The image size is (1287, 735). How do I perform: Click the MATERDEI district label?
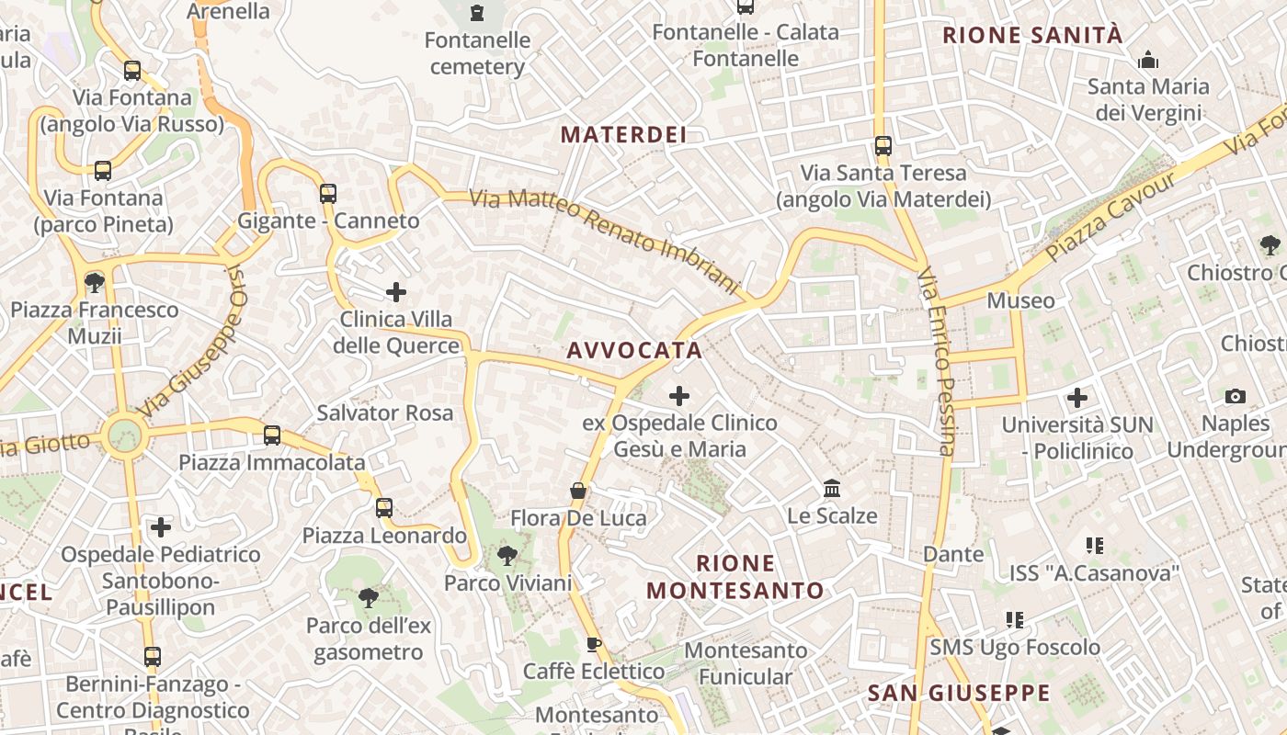pos(623,135)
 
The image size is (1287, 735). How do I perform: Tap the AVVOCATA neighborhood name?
pos(634,350)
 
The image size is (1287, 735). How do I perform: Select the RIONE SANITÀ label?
pos(1033,36)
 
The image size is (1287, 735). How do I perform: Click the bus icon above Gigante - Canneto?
pos(328,193)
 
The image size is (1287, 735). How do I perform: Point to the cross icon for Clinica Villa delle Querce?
pos(396,292)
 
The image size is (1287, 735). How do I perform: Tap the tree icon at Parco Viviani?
pos(507,555)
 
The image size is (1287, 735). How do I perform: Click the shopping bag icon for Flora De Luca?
pos(578,491)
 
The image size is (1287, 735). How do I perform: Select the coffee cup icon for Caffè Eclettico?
pos(594,644)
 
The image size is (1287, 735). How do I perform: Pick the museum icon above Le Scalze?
pos(832,488)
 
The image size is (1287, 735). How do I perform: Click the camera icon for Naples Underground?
pos(1236,396)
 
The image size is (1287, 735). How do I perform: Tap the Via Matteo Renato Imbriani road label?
pos(605,241)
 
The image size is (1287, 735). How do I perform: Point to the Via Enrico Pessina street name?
pos(938,361)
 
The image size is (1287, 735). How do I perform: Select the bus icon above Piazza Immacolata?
pos(272,435)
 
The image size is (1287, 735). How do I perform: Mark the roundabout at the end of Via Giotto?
pos(124,435)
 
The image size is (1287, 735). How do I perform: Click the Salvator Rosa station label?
pos(385,413)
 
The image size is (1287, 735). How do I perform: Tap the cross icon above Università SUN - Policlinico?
pos(1077,398)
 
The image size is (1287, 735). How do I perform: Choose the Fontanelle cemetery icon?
pos(477,13)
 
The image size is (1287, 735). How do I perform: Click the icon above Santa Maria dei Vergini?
pos(1147,61)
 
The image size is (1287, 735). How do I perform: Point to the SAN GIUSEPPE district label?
pos(959,693)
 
